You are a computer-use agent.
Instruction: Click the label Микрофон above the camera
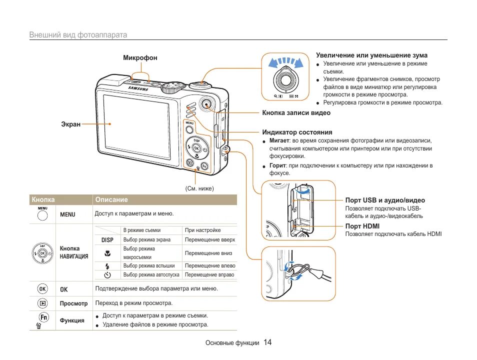(140, 58)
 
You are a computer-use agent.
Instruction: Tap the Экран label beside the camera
(70, 124)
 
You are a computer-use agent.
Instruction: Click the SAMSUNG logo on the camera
(138, 88)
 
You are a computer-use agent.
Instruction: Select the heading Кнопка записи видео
(296, 113)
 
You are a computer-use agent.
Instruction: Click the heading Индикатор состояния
(297, 132)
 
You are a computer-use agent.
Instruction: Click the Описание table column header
(111, 199)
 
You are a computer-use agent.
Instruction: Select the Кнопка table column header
(43, 199)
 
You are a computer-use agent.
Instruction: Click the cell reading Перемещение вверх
(209, 239)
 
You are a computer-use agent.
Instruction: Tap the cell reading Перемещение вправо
(209, 275)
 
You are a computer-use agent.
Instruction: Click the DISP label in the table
(107, 240)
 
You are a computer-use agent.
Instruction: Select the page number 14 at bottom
(267, 342)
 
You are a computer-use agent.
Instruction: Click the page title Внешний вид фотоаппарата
(78, 35)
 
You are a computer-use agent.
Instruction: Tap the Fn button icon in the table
(43, 317)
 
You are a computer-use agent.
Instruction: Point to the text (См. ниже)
(199, 188)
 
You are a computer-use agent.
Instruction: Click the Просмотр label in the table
(73, 303)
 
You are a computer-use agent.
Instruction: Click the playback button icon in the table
(43, 303)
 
